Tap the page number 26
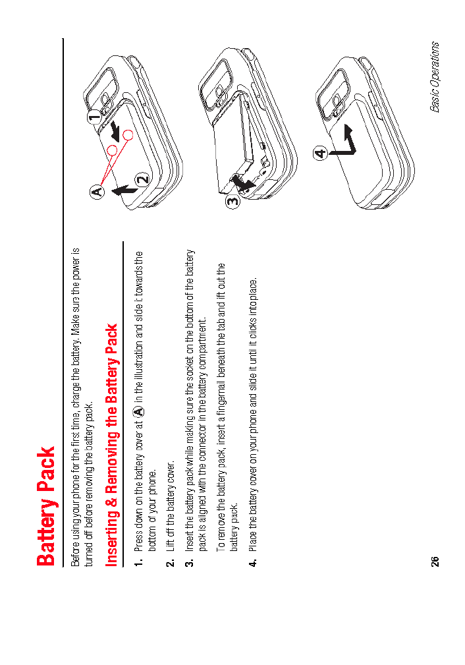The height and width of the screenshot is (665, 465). click(x=435, y=561)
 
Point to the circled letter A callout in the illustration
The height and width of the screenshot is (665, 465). click(x=97, y=192)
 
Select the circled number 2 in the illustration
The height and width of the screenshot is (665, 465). click(x=143, y=179)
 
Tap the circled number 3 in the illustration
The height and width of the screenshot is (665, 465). click(x=232, y=202)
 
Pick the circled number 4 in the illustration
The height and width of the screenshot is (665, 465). click(x=320, y=154)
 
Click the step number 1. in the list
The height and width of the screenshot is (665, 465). click(x=138, y=565)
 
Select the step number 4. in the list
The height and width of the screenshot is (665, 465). click(x=252, y=565)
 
